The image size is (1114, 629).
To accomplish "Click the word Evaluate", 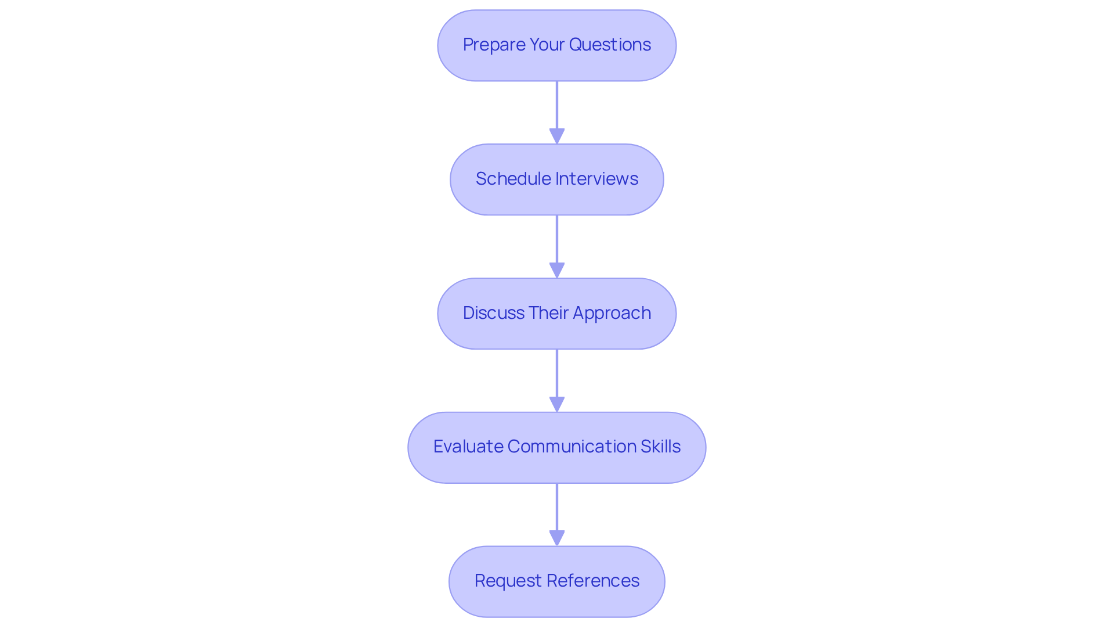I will (x=468, y=447).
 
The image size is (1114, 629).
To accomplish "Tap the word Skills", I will (x=660, y=447).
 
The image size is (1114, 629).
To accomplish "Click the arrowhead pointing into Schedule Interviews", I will (x=557, y=136).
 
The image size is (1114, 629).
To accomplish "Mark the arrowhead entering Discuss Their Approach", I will (x=557, y=271).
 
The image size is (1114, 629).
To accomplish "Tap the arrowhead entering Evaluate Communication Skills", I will (x=557, y=405).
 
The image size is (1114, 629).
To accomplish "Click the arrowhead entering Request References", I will (x=557, y=538).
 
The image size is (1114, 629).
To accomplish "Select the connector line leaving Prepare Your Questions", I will (x=557, y=105).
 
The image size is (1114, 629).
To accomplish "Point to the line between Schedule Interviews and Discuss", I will (x=557, y=238).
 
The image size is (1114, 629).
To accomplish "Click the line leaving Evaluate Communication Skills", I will (x=557, y=506).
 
